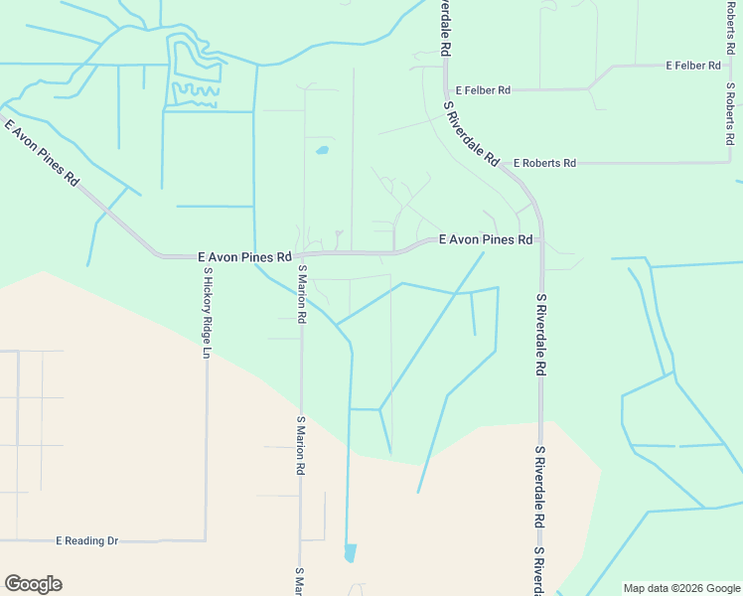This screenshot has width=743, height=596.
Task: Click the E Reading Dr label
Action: coord(86,540)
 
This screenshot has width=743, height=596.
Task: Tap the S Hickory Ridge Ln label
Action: coord(208,312)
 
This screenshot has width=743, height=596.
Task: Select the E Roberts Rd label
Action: coord(544,163)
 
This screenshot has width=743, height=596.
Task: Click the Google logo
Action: coord(33,584)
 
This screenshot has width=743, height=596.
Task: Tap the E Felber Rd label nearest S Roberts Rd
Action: coord(692,66)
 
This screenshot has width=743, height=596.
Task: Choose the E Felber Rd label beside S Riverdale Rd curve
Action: coord(477,90)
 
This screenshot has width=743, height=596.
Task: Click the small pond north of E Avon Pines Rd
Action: coord(322,152)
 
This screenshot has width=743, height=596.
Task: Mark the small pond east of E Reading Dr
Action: coord(350,552)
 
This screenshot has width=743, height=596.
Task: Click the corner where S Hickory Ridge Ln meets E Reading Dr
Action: coord(206,540)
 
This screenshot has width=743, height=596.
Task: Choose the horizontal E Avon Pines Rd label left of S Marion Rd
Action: coord(244,256)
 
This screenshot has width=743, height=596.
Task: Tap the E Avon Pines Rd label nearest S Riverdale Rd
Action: coord(487,240)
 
